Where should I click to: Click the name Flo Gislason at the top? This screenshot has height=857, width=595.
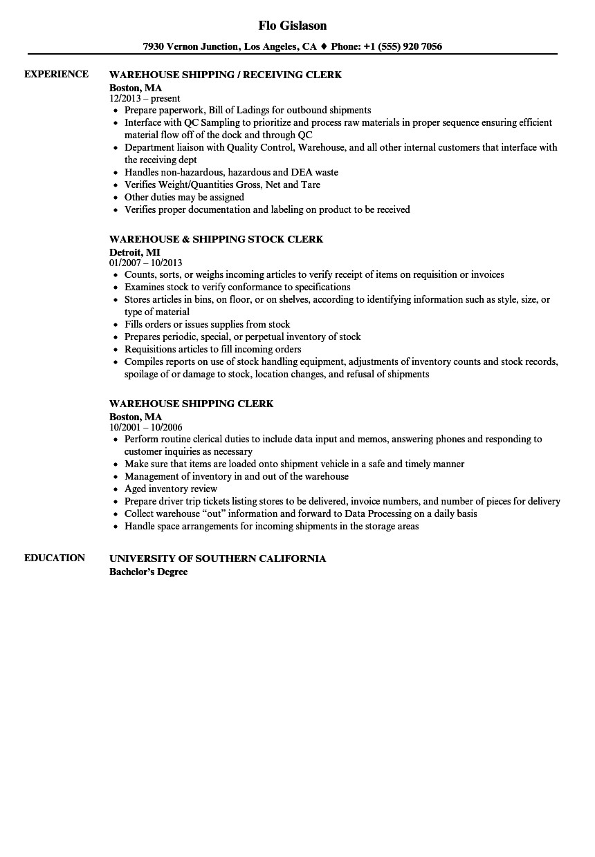pos(292,26)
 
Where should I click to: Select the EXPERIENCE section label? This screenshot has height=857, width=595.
pos(56,74)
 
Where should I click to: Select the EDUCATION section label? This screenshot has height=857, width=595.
pos(55,558)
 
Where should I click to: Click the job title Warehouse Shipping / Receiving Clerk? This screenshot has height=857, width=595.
pos(226,75)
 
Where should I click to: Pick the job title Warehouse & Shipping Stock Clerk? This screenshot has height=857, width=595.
pos(216,239)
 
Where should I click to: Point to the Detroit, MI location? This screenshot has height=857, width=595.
pos(134,253)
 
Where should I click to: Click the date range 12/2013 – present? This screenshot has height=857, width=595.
pos(145,99)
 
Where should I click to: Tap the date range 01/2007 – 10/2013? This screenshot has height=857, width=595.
pos(145,263)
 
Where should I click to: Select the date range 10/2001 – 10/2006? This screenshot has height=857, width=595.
pos(145,428)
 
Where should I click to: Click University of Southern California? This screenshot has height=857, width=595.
pos(217,558)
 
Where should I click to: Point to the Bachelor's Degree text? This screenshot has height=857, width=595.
pos(148,572)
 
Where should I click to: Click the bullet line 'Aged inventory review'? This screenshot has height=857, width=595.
pos(171,489)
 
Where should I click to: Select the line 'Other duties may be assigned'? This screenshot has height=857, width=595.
pos(184,197)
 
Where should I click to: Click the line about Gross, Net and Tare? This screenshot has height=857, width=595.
pos(222,185)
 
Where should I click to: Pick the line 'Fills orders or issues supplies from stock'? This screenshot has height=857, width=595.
pos(207,324)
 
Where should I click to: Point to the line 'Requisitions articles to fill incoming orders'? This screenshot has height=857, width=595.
pos(212,349)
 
